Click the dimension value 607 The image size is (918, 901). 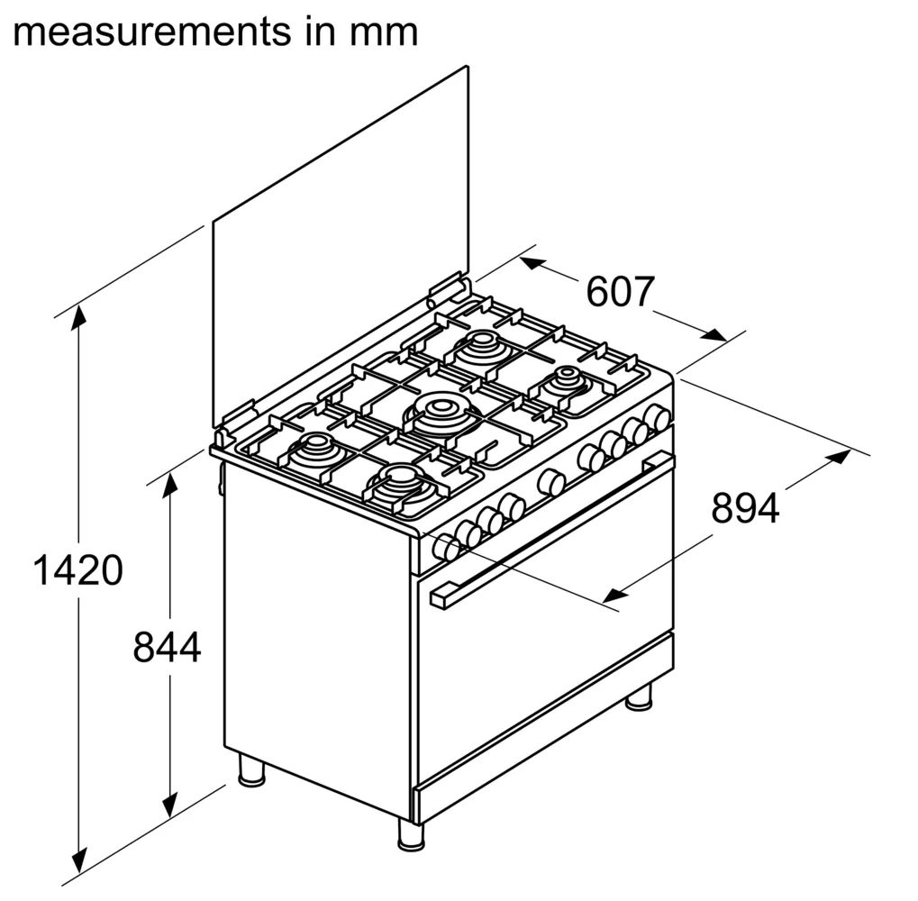coord(620,291)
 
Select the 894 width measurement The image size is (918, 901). coord(745,508)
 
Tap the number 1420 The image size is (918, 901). coord(77,570)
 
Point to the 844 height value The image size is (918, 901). coord(167,647)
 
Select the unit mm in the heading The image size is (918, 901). coord(384,32)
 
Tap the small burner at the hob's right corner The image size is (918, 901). coord(568,378)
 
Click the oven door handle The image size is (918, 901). coord(551,531)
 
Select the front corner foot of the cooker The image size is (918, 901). coord(411,834)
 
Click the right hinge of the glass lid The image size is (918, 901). coord(449,288)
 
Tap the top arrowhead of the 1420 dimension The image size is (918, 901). coord(78,317)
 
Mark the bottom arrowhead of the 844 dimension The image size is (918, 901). coord(169,805)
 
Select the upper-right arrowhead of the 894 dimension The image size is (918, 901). coord(838,456)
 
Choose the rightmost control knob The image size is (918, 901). coord(657,417)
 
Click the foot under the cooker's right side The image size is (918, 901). coord(638,696)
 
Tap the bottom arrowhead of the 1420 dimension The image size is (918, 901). coord(78,861)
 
